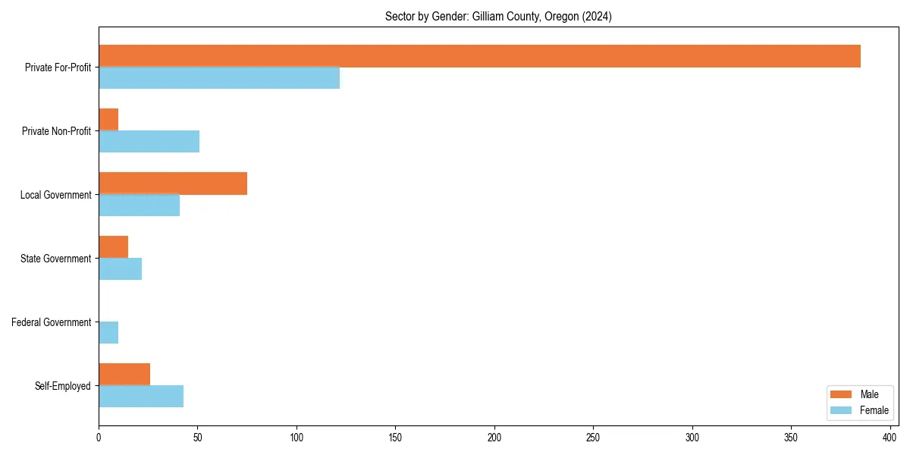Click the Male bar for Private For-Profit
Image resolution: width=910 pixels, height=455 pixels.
[479, 56]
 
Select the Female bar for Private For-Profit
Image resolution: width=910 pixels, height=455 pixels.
[219, 78]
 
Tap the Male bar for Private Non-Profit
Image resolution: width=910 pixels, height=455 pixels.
[108, 120]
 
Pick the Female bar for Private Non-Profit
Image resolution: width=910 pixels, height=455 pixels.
[149, 142]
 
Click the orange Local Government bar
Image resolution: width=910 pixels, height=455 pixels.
[173, 184]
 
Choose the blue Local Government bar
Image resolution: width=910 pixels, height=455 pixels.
[139, 206]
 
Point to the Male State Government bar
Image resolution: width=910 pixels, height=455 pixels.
[113, 247]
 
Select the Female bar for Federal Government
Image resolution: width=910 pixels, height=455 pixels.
[108, 333]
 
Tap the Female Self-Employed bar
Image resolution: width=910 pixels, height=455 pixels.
[141, 397]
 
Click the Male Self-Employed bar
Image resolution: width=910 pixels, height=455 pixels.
[124, 375]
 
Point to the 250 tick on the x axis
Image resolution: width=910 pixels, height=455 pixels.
[593, 438]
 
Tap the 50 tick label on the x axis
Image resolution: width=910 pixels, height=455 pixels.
[197, 438]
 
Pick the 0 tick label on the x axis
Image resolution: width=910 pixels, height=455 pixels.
[99, 438]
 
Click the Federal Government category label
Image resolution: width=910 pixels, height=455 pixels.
[52, 322]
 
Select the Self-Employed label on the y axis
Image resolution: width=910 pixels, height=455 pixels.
[63, 386]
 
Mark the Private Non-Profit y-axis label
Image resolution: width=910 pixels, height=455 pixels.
[58, 131]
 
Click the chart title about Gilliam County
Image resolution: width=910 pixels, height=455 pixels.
[498, 17]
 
